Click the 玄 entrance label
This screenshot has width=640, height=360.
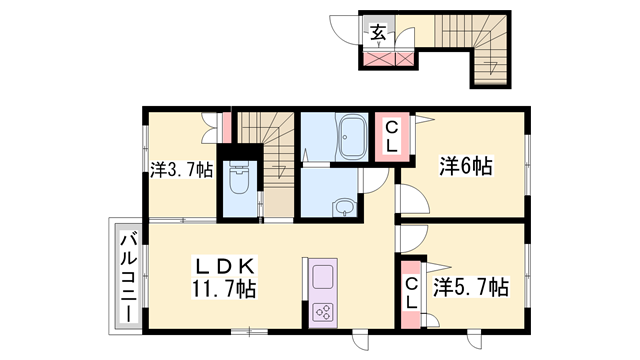pyautogui.click(x=380, y=32)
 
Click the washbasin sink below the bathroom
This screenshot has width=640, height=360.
pyautogui.click(x=343, y=208)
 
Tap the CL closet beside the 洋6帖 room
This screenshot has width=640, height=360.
pyautogui.click(x=391, y=134)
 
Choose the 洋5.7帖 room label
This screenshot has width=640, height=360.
pyautogui.click(x=470, y=288)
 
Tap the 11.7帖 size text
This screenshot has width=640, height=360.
pyautogui.click(x=225, y=289)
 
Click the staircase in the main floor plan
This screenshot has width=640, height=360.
pyautogui.click(x=267, y=150)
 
